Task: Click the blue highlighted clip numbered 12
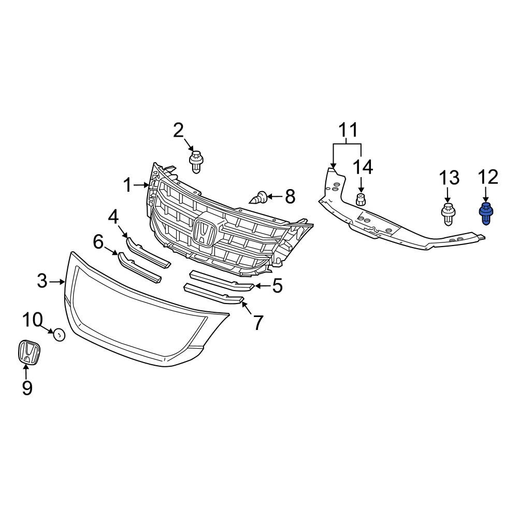[x=486, y=214]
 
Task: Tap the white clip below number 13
[x=448, y=215]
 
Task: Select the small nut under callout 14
[x=361, y=200]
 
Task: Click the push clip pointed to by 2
[x=196, y=162]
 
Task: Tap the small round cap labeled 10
[x=60, y=335]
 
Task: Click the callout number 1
[x=128, y=185]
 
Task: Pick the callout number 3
[x=42, y=281]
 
